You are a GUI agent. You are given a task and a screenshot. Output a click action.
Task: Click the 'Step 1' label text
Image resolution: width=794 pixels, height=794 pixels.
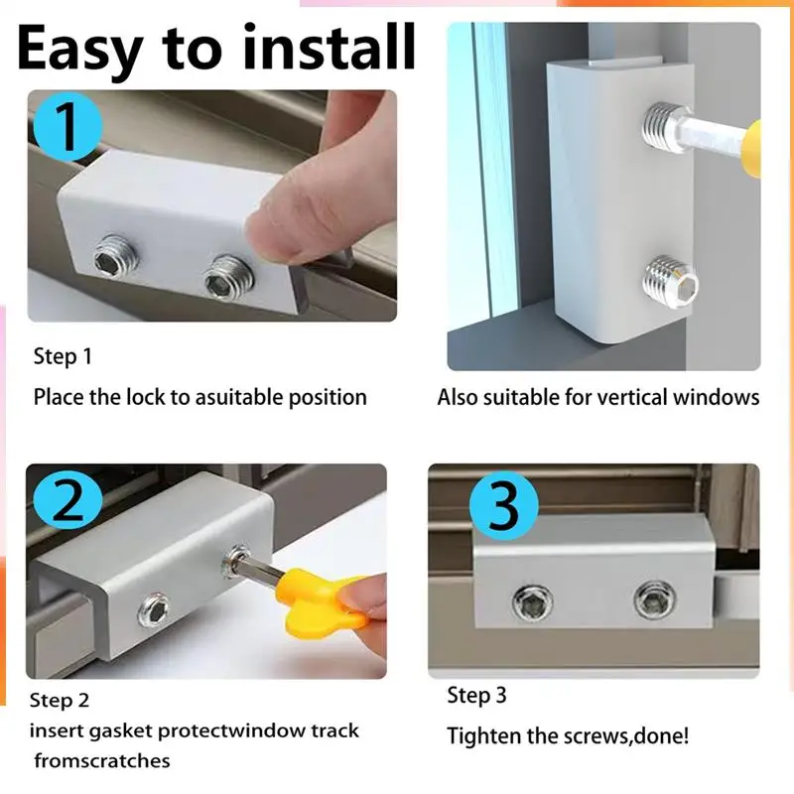(x=63, y=356)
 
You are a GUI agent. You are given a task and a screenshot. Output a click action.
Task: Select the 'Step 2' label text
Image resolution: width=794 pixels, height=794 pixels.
(x=60, y=701)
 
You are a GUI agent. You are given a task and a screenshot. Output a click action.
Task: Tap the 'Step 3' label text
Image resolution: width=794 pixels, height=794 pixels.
(x=476, y=696)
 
